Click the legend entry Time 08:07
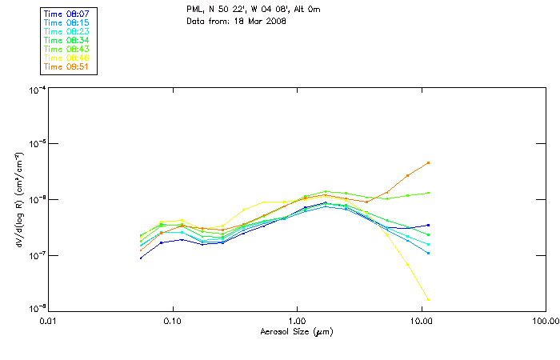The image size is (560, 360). pos(67,14)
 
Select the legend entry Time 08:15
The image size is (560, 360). pos(67,22)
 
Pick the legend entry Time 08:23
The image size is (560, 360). pos(67,31)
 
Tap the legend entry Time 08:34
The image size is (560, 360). pos(67,40)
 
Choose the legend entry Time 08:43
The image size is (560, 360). pos(67,49)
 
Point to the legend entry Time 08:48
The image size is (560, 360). pos(67,58)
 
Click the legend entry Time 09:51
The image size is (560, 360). pos(67,66)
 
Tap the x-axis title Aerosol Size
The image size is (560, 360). pos(296,331)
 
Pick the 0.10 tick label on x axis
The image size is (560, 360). pos(172,319)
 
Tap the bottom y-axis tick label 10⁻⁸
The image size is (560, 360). pos(37,310)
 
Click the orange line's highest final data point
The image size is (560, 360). pos(428,162)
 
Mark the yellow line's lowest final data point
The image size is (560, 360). pos(428,300)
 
